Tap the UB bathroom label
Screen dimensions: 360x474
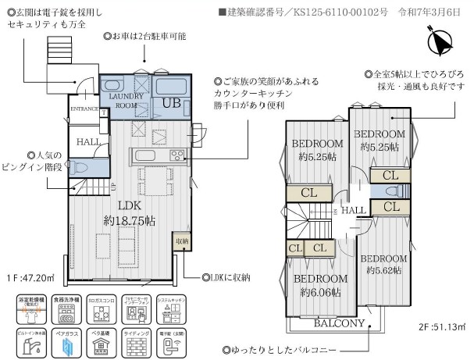pos(172,102)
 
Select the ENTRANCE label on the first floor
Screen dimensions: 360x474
pos(84,109)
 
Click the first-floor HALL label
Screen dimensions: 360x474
pos(87,141)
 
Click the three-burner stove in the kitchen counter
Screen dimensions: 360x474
pos(176,153)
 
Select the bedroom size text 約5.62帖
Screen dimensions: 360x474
pos(383,270)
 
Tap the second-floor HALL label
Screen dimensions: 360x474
pos(353,210)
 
